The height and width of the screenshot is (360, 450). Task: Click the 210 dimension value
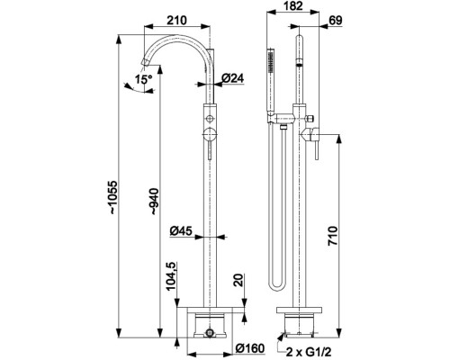pos(176,21)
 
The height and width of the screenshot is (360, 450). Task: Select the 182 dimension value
pos(292,6)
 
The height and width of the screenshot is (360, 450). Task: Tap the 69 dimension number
pos(336,21)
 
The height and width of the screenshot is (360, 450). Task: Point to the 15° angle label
pos(143,79)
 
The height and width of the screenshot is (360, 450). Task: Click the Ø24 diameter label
pos(233,78)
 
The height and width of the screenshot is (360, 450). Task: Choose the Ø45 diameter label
pos(181,231)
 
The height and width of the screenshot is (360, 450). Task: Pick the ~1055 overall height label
pos(113,197)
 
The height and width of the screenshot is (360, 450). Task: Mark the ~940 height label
pos(155,202)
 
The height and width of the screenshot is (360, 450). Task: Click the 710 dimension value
pos(333,236)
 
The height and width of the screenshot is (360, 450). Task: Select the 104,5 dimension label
pos(171,276)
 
